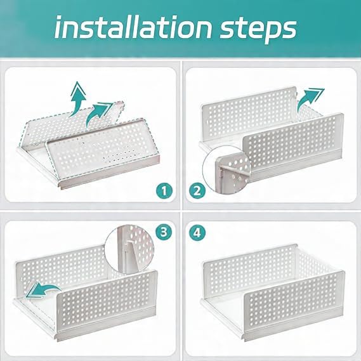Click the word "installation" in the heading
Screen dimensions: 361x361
(133, 27)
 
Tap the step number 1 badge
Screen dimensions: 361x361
(164, 190)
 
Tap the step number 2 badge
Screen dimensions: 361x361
(197, 190)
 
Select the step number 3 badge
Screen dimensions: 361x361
(164, 232)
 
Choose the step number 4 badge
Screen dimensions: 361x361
(197, 232)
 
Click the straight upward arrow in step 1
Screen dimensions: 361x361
(77, 98)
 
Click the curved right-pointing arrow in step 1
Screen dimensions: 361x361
(98, 114)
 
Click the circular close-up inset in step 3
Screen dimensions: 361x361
(129, 250)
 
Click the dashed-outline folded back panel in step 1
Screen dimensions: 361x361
(73, 124)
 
